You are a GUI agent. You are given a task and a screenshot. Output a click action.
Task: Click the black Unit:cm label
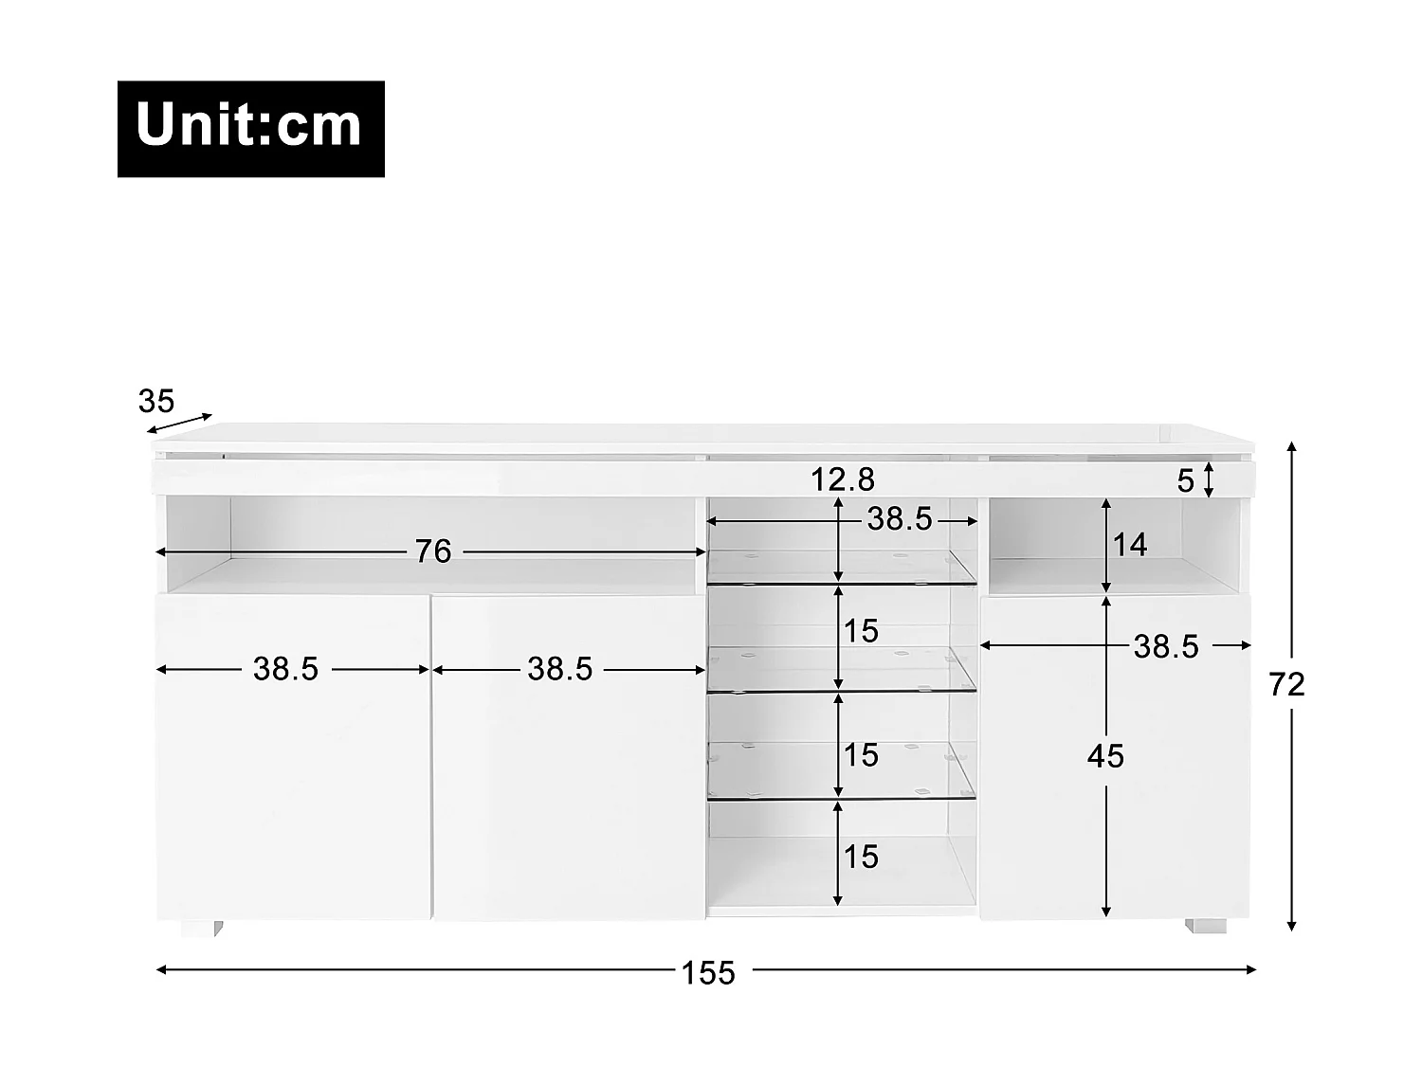pyautogui.click(x=250, y=129)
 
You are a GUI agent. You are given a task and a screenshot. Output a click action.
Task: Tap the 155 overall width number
pyautogui.click(x=708, y=972)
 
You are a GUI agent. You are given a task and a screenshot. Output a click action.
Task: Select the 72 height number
pyautogui.click(x=1287, y=684)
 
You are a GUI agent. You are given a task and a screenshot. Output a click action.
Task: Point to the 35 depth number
pyautogui.click(x=156, y=402)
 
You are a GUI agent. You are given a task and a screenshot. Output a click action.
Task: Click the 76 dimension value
pyautogui.click(x=433, y=551)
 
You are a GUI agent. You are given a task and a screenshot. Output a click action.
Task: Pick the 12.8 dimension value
pyautogui.click(x=842, y=479)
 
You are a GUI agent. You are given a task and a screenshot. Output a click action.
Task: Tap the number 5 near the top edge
pyautogui.click(x=1185, y=481)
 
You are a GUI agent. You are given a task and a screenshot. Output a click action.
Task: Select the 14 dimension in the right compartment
pyautogui.click(x=1130, y=545)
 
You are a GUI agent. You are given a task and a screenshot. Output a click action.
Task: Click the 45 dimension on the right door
pyautogui.click(x=1105, y=756)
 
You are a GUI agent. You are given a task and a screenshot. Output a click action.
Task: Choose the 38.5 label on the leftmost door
pyautogui.click(x=285, y=670)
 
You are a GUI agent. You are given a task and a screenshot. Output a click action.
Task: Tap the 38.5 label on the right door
pyautogui.click(x=1166, y=647)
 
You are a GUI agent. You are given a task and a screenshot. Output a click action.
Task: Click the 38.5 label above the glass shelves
pyautogui.click(x=900, y=519)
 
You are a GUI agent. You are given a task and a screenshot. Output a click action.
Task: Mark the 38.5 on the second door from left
pyautogui.click(x=559, y=670)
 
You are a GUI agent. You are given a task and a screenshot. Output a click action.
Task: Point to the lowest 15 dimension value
pyautogui.click(x=861, y=857)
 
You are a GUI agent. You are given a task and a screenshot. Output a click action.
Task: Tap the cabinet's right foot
pyautogui.click(x=1205, y=926)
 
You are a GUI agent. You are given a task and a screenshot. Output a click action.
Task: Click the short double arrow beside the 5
pyautogui.click(x=1208, y=479)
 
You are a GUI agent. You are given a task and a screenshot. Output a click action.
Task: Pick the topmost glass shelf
pyautogui.click(x=842, y=567)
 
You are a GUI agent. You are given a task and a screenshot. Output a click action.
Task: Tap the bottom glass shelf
pyautogui.click(x=842, y=769)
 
